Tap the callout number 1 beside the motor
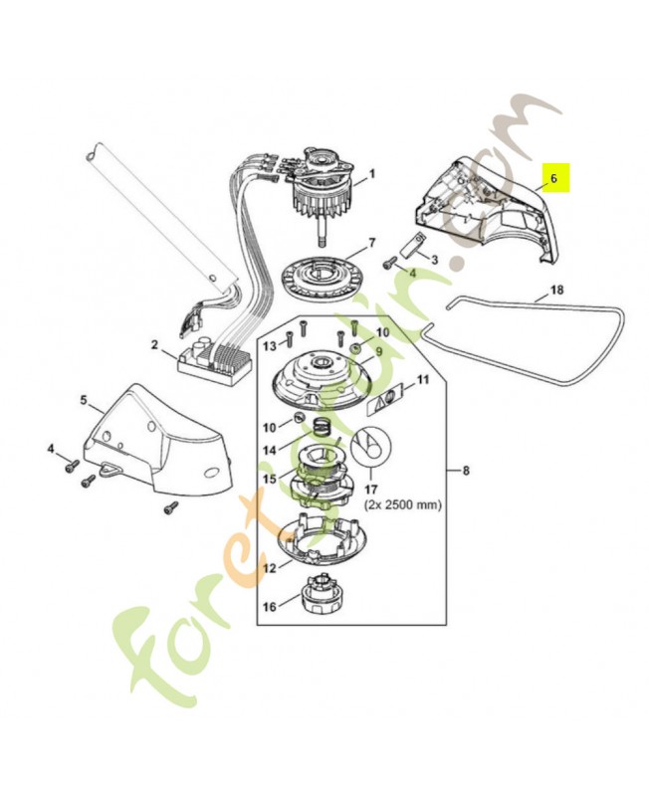[371, 174]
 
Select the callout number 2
[155, 344]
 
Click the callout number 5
[84, 400]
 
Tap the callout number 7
[371, 243]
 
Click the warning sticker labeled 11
[388, 398]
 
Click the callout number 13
[268, 345]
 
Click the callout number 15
[269, 479]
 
